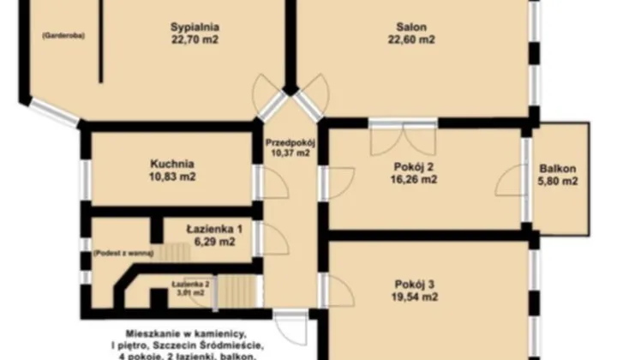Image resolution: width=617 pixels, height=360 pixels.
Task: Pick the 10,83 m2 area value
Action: click(x=171, y=177)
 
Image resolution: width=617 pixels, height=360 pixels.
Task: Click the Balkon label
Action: click(x=557, y=168)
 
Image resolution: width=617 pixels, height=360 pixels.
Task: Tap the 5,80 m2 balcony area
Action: click(x=557, y=181)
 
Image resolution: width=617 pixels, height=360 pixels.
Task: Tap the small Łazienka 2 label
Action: click(x=190, y=284)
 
